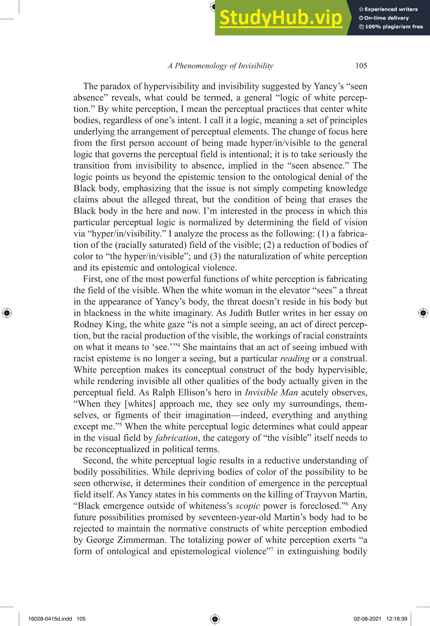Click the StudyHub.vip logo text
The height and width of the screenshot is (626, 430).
tap(281, 18)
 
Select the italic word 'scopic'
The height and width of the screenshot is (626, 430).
tap(247, 506)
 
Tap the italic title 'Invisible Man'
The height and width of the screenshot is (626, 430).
tap(271, 392)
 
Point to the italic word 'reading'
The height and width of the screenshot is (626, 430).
tap(295, 358)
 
